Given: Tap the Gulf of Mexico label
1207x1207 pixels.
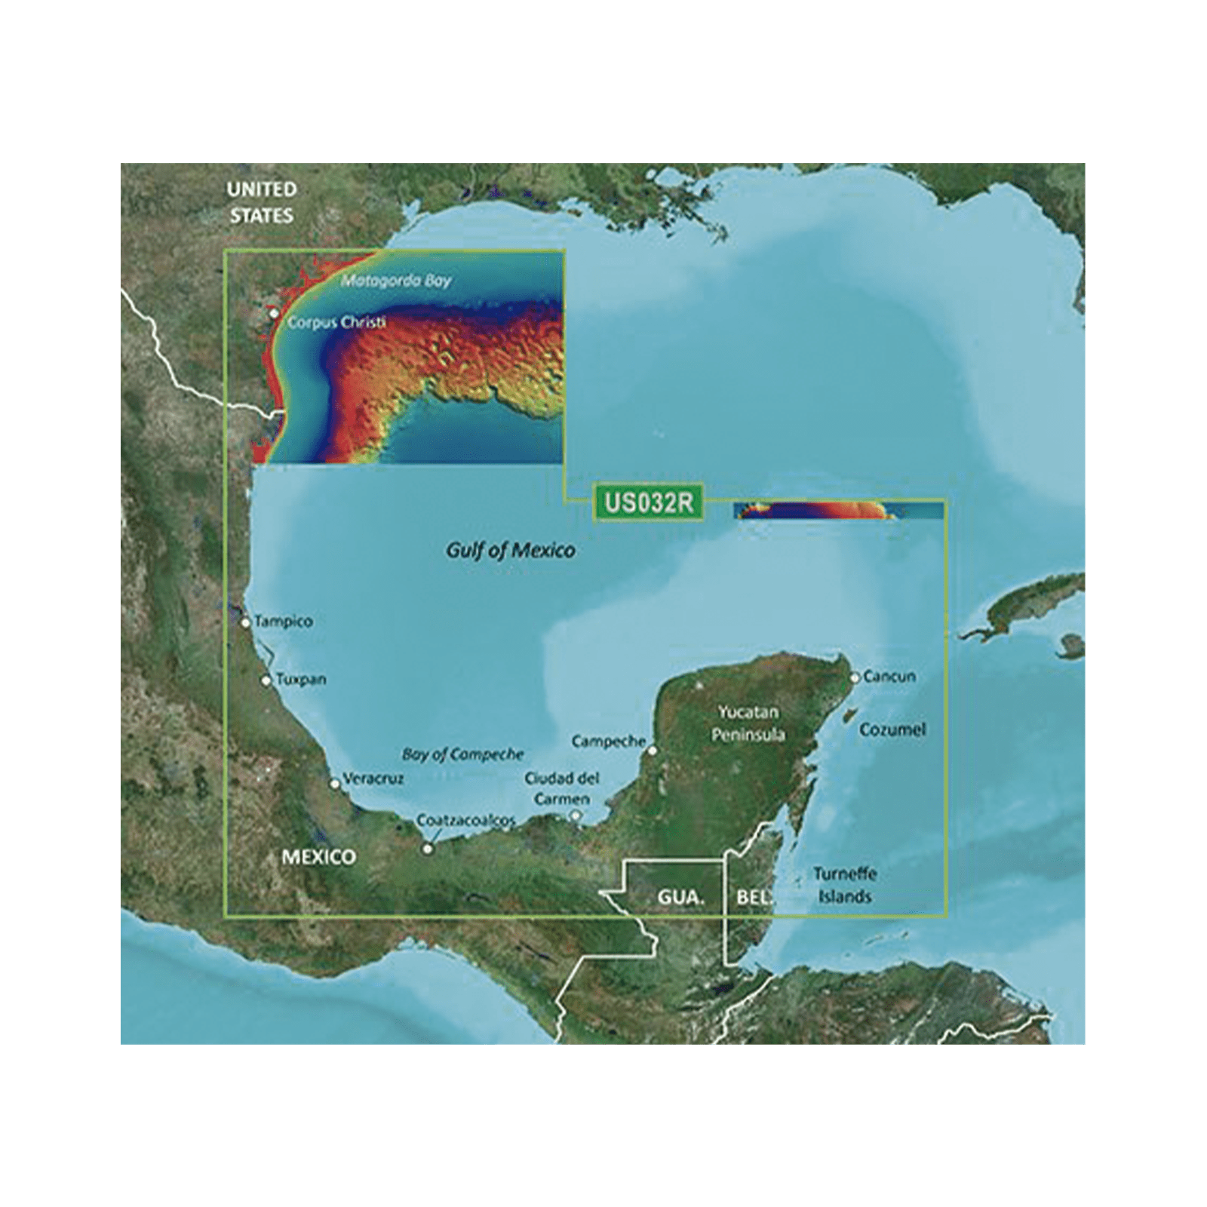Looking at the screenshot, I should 510,550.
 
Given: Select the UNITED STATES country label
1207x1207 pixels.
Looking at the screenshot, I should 262,201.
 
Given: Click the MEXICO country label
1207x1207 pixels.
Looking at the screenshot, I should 318,857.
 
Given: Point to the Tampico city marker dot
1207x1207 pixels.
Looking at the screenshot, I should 246,623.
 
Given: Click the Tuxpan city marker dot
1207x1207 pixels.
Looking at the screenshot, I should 266,680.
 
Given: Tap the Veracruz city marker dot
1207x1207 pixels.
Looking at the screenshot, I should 335,784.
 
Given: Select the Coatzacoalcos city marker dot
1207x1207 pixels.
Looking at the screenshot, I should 428,849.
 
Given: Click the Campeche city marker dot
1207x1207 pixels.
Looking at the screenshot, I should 653,751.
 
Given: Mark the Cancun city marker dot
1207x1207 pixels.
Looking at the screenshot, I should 855,677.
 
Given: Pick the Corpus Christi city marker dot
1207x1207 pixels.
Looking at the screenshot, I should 275,313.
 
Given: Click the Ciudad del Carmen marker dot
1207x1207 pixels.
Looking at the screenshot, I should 576,815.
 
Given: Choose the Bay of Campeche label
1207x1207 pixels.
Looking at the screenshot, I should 462,754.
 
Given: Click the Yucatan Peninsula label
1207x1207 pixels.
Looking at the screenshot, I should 751,723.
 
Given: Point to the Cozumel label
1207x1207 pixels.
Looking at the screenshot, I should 892,729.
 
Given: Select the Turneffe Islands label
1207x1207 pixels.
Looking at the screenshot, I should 845,886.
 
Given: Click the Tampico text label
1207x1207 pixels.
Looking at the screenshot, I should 283,622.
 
